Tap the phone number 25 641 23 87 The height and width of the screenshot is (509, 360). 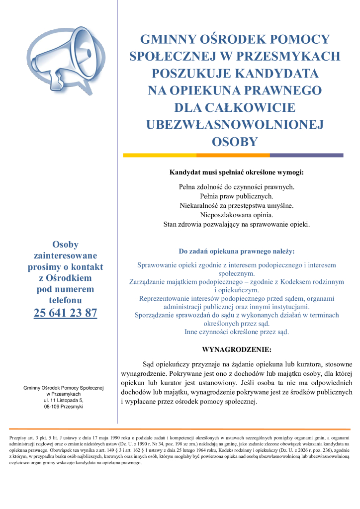pos(65,313)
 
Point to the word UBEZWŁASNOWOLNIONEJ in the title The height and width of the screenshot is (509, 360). pos(235,124)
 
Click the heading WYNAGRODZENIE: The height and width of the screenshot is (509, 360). pos(236,349)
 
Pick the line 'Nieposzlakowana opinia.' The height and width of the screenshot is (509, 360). pos(236,215)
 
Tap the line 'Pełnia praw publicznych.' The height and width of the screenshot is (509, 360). pos(236,196)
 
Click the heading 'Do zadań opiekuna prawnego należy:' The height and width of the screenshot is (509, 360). pos(236,252)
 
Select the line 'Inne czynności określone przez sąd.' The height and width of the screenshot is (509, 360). pos(236,332)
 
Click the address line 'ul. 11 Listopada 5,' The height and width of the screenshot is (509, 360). pos(63,400)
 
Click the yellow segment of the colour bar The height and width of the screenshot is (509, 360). pos(159,155)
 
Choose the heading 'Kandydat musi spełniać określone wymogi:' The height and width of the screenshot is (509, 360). pos(236,173)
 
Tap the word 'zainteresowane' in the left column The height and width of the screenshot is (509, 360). pos(65,255)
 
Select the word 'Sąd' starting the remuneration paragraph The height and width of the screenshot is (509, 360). pos(149,363)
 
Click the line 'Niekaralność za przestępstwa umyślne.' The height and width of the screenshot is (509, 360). pos(236,206)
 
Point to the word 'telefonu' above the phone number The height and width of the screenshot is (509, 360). pos(65,300)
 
